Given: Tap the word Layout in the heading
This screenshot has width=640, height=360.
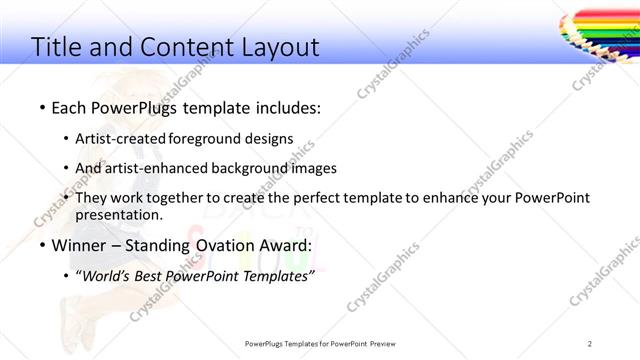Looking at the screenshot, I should pos(280,47).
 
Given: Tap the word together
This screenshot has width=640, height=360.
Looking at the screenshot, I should pos(172,198).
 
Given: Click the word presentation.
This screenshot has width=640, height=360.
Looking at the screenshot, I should pos(119,215).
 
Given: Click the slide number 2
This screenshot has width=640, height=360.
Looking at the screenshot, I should pos(590,344).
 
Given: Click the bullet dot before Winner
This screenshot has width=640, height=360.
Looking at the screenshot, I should pos(42,246).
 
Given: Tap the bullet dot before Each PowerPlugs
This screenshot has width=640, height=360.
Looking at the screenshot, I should pos(42,107).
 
